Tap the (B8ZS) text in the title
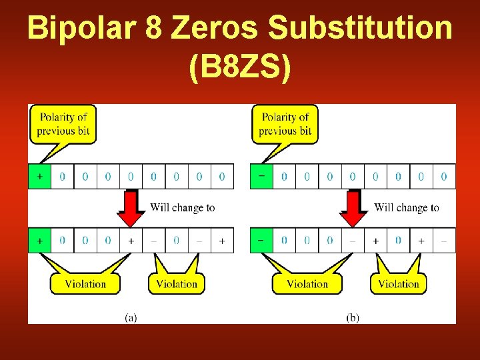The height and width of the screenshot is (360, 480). (240, 69)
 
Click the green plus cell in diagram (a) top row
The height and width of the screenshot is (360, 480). (39, 177)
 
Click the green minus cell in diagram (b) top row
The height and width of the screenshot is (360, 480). (261, 177)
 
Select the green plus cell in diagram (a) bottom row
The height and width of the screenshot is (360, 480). (39, 240)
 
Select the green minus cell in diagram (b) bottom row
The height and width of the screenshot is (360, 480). (261, 240)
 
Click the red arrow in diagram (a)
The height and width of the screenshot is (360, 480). (131, 209)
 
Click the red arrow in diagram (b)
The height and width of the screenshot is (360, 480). (353, 209)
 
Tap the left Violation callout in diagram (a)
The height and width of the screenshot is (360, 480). (85, 283)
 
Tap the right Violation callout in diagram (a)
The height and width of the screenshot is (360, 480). (177, 283)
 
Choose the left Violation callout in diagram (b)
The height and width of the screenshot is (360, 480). (307, 283)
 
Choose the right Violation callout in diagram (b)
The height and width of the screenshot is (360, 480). (399, 283)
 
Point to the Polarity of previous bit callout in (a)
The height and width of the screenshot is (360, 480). (63, 123)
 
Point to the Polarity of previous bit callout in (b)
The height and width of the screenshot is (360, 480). (285, 123)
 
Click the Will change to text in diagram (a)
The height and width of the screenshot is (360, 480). (183, 207)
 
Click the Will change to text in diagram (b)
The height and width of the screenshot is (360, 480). (407, 207)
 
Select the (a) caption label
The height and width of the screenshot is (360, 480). (131, 318)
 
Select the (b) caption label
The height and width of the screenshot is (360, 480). (353, 318)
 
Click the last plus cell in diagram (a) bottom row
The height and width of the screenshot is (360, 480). (222, 240)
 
